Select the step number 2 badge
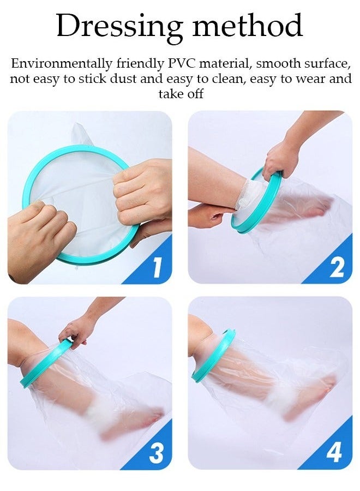[x=337, y=268]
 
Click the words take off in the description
[x=181, y=94]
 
